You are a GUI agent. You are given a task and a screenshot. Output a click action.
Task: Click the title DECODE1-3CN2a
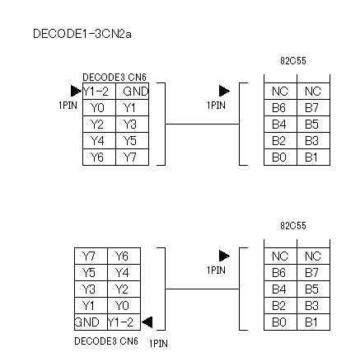pos(82,34)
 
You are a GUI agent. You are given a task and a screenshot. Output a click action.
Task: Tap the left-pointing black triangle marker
pos(147,322)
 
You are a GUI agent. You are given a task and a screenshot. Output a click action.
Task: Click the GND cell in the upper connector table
pos(133,92)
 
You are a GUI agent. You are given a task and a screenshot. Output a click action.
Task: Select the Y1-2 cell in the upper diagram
pos(100,92)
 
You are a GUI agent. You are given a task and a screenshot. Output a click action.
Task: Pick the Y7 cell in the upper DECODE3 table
pos(133,157)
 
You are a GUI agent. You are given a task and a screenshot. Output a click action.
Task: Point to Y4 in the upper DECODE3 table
pos(100,141)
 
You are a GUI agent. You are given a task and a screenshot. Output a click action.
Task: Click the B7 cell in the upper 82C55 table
pos(314,108)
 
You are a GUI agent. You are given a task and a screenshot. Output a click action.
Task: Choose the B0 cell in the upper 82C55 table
pos(281,157)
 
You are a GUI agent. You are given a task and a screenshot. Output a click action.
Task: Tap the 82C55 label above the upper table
pos(293,61)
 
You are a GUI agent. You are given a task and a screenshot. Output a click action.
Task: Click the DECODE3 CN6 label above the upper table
pos(115,78)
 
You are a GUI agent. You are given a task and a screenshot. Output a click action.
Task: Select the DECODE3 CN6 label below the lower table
pos(106,341)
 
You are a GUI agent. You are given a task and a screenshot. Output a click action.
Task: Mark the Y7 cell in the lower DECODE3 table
pos(91,256)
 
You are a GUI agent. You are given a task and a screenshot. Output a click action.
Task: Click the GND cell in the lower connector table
pos(91,322)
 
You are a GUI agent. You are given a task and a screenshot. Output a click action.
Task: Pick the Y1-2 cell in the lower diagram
pos(124,322)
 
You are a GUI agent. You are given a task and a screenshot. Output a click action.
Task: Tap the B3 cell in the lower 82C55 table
pos(314,306)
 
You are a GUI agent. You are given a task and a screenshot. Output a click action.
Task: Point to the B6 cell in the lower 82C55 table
pos(281,273)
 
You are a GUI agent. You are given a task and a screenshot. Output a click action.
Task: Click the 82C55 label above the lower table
pos(293,226)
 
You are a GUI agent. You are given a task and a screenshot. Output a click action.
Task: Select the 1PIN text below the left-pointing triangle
pos(158,343)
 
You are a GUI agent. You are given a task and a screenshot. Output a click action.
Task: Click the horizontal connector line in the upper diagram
pos(203,125)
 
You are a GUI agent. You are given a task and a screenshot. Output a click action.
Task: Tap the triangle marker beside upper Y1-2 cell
pos(76,91)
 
